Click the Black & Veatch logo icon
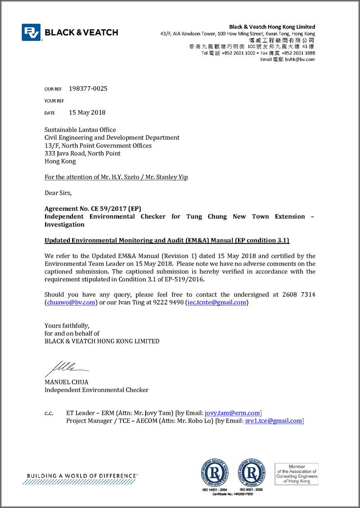[x=31, y=32]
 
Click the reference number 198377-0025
[x=88, y=89]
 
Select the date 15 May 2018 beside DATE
[x=87, y=112]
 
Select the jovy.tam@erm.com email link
[x=233, y=413]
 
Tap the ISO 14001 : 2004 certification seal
[x=215, y=472]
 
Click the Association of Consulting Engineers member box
[x=297, y=474]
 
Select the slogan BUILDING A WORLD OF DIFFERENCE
[x=82, y=476]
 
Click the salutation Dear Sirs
[x=58, y=193]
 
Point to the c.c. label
[x=49, y=413]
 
